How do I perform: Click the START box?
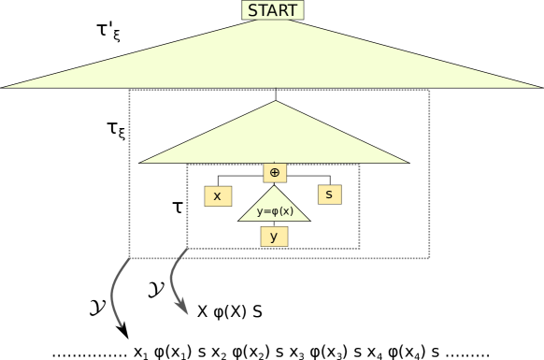pyautogui.click(x=272, y=10)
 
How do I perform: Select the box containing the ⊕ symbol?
pyautogui.click(x=274, y=172)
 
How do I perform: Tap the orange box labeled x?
pyautogui.click(x=218, y=196)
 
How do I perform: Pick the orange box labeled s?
pyautogui.click(x=329, y=194)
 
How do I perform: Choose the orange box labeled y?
pyautogui.click(x=274, y=237)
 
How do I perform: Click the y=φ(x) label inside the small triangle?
pyautogui.click(x=275, y=211)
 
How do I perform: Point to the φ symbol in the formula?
pyautogui.click(x=276, y=211)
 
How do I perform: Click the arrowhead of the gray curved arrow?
pyautogui.click(x=183, y=308)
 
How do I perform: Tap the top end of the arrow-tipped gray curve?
pyautogui.click(x=187, y=249)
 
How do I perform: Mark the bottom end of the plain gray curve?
pyautogui.click(x=122, y=326)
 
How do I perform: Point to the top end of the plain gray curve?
pyautogui.click(x=129, y=259)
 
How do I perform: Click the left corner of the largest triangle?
pyautogui.click(x=4, y=87)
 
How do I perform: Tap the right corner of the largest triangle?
pyautogui.click(x=540, y=87)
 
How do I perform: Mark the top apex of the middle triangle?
pyautogui.click(x=276, y=102)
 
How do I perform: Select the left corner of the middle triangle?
pyautogui.click(x=142, y=162)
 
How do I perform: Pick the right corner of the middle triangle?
pyautogui.click(x=408, y=162)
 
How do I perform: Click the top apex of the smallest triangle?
pyautogui.click(x=274, y=186)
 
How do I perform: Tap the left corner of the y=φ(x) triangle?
pyautogui.click(x=239, y=221)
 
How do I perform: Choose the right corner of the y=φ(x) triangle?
pyautogui.click(x=308, y=221)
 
